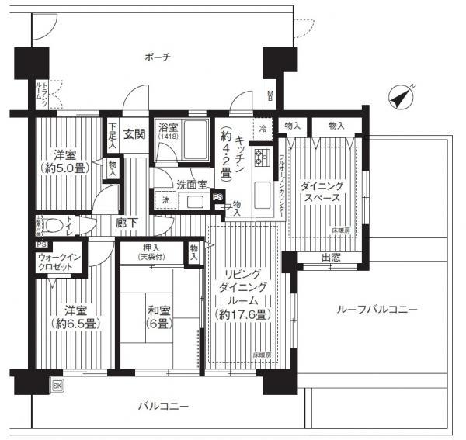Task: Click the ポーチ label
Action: coord(157,57)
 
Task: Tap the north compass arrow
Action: coord(401,96)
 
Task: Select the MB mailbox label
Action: coord(270,95)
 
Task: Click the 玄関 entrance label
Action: coord(134,133)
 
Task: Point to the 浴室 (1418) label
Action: coord(167,130)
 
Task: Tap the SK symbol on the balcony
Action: coord(57,384)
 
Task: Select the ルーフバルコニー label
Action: coord(377,309)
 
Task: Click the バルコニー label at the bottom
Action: coord(163,406)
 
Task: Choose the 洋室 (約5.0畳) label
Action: coord(63,160)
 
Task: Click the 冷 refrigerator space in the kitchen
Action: coord(263,127)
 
